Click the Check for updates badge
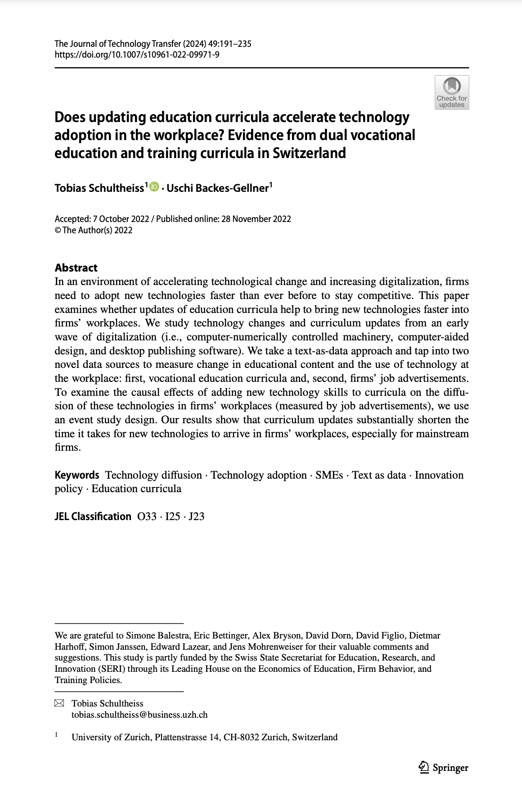(452, 92)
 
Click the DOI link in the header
(137, 55)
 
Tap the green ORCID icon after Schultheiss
(154, 186)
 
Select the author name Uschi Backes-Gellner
(218, 188)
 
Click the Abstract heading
(76, 268)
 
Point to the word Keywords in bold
(77, 475)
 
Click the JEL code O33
(147, 516)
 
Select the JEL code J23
(197, 516)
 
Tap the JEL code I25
(173, 516)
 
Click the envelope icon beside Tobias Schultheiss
(59, 703)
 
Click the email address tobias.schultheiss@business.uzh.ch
(139, 715)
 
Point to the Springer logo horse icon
(423, 767)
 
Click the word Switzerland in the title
(309, 153)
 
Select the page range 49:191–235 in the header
(230, 44)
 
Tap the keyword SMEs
(329, 475)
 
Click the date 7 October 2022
(121, 219)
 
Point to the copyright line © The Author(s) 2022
(94, 231)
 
